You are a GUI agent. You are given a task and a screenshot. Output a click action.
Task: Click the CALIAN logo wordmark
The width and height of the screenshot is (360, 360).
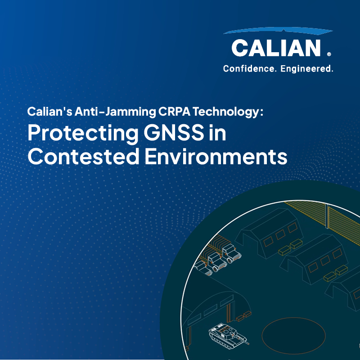coord(276,48)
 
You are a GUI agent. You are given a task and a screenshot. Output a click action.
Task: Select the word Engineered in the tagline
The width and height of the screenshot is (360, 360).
coord(307,69)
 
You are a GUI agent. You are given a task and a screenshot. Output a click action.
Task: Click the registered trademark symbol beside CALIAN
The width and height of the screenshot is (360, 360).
coord(329,54)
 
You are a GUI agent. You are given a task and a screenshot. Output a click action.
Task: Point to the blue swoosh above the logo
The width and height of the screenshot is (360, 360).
coord(278,31)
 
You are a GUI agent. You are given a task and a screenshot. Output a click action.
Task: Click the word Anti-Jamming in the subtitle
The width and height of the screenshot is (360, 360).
coord(115,112)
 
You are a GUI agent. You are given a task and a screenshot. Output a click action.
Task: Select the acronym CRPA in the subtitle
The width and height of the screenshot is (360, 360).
coord(174,111)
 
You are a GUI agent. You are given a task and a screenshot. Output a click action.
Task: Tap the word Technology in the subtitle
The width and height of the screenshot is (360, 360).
coord(226,112)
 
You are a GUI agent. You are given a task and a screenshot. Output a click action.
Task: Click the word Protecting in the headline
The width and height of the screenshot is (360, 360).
coord(83,134)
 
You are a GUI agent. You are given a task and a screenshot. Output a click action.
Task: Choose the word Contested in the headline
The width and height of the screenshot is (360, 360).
coord(83,156)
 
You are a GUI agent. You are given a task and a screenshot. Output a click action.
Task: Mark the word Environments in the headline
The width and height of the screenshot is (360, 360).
coord(216,156)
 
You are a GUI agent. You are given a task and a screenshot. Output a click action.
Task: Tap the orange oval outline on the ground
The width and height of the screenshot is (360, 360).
coord(294,318)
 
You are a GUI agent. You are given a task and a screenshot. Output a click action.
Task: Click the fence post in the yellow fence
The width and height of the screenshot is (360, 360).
coord(327,216)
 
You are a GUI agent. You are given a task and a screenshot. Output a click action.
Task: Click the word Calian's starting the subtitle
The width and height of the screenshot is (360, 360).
coord(50,111)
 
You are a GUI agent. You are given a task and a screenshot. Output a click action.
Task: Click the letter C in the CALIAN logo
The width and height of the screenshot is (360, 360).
coord(239,48)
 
